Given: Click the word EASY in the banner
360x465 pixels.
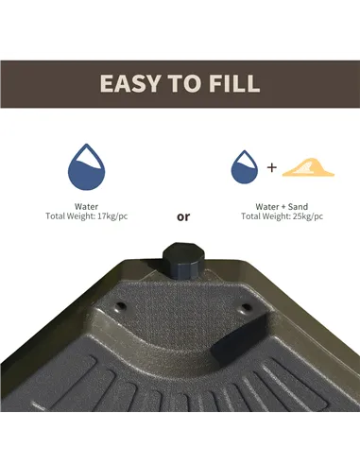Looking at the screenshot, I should pyautogui.click(x=134, y=83).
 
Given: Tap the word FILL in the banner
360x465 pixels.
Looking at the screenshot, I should pyautogui.click(x=231, y=83).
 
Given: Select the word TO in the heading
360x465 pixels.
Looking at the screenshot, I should pyautogui.click(x=184, y=83).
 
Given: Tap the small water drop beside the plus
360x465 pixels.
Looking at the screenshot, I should pyautogui.click(x=245, y=168).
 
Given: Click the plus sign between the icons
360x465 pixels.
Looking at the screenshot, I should pyautogui.click(x=272, y=168).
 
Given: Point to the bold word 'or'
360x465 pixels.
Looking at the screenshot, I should pyautogui.click(x=183, y=216).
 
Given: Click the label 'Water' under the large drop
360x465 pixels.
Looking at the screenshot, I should pyautogui.click(x=86, y=205).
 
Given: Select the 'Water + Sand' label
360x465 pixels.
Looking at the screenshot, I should pyautogui.click(x=283, y=205).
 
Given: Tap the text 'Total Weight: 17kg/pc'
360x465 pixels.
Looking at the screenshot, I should pyautogui.click(x=86, y=216).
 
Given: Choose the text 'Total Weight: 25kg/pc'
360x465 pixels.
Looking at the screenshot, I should pyautogui.click(x=283, y=216).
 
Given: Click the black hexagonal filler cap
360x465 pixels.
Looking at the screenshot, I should pyautogui.click(x=180, y=259).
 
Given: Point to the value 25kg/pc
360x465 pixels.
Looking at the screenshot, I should pyautogui.click(x=307, y=216).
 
